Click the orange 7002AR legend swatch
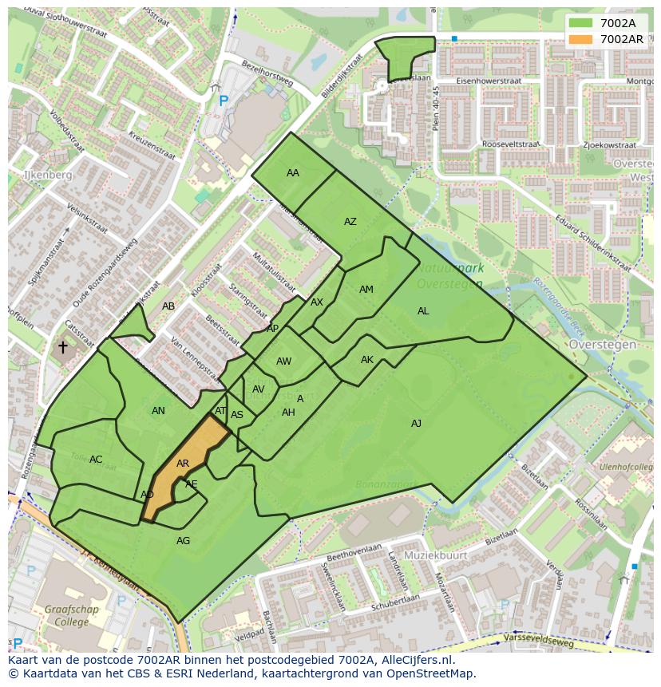click(581, 39)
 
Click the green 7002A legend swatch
click(581, 23)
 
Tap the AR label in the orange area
click(183, 464)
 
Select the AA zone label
click(293, 173)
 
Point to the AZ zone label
click(350, 222)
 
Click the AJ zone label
click(416, 424)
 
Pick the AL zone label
click(423, 311)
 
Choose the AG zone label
click(183, 541)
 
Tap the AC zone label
click(96, 460)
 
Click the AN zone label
click(158, 411)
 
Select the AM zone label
click(366, 290)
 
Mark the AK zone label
click(367, 360)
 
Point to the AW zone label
click(283, 361)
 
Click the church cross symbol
click(62, 347)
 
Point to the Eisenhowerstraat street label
click(489, 81)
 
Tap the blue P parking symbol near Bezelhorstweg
click(224, 101)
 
